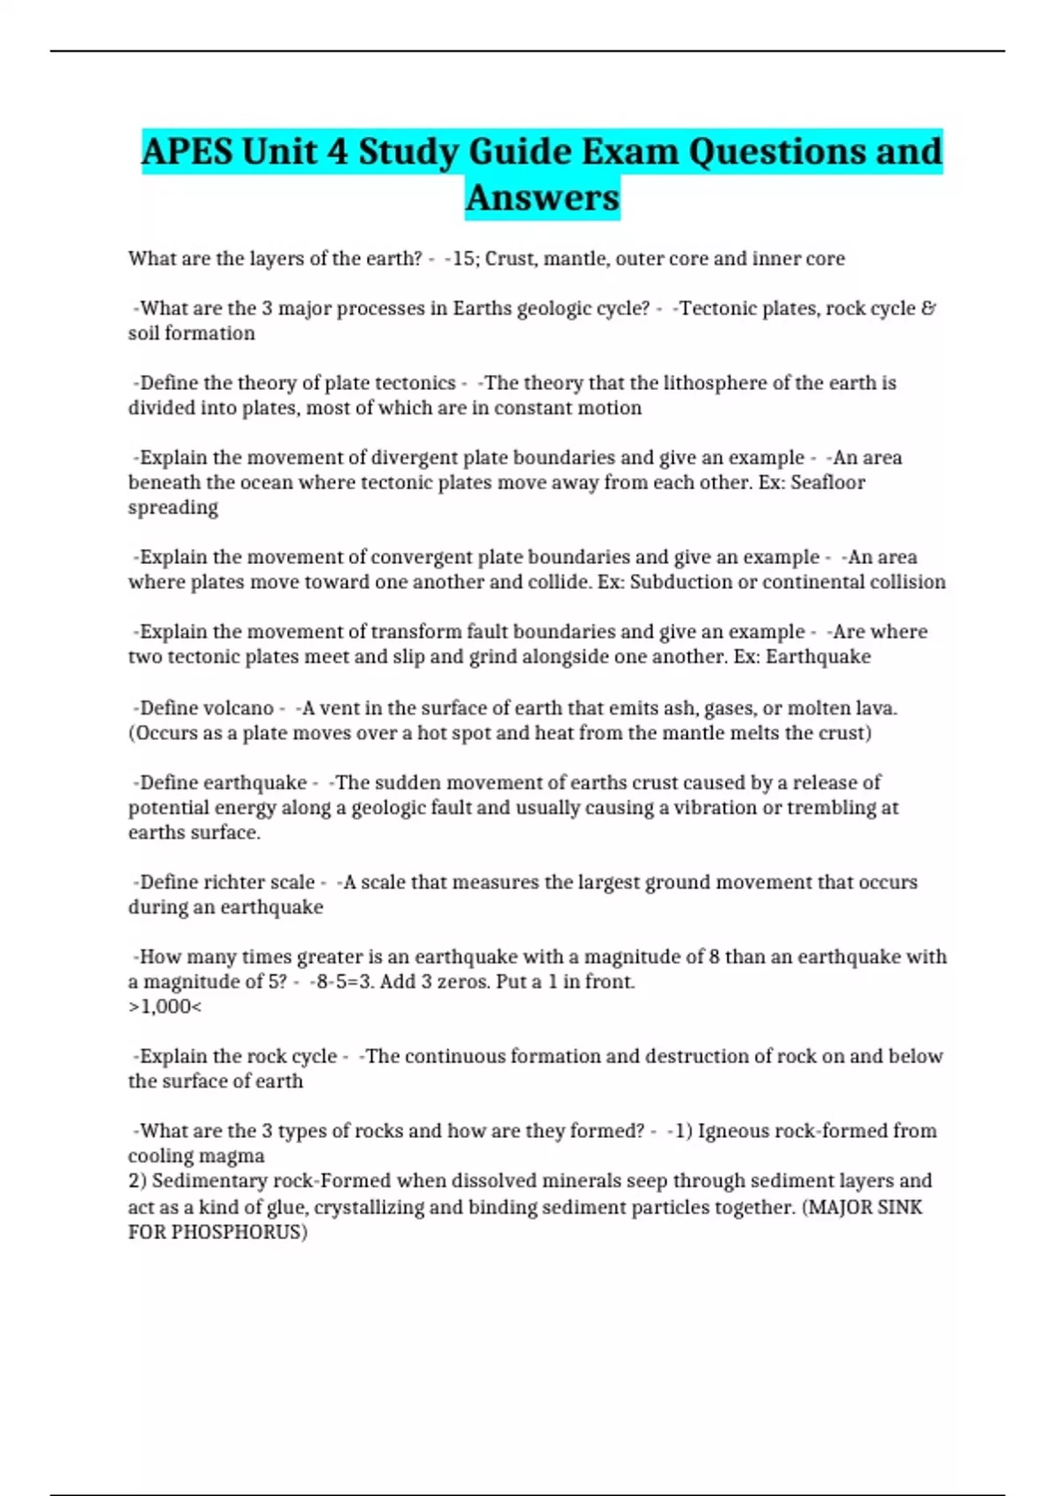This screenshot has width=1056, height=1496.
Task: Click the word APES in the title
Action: click(187, 151)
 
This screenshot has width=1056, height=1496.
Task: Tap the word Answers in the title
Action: click(542, 197)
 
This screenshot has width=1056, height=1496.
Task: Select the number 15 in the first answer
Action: click(463, 259)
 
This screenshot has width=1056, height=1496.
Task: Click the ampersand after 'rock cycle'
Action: click(928, 309)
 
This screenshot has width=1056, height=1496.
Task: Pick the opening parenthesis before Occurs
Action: click(132, 733)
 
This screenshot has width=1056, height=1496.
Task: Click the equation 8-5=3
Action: click(344, 981)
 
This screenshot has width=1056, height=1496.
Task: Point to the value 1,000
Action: click(165, 1007)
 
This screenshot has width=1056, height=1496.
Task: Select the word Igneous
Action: click(732, 1131)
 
